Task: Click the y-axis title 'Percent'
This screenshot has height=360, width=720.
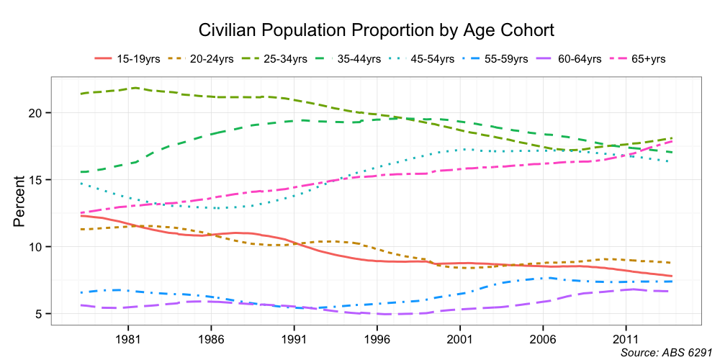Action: pyautogui.click(x=19, y=201)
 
